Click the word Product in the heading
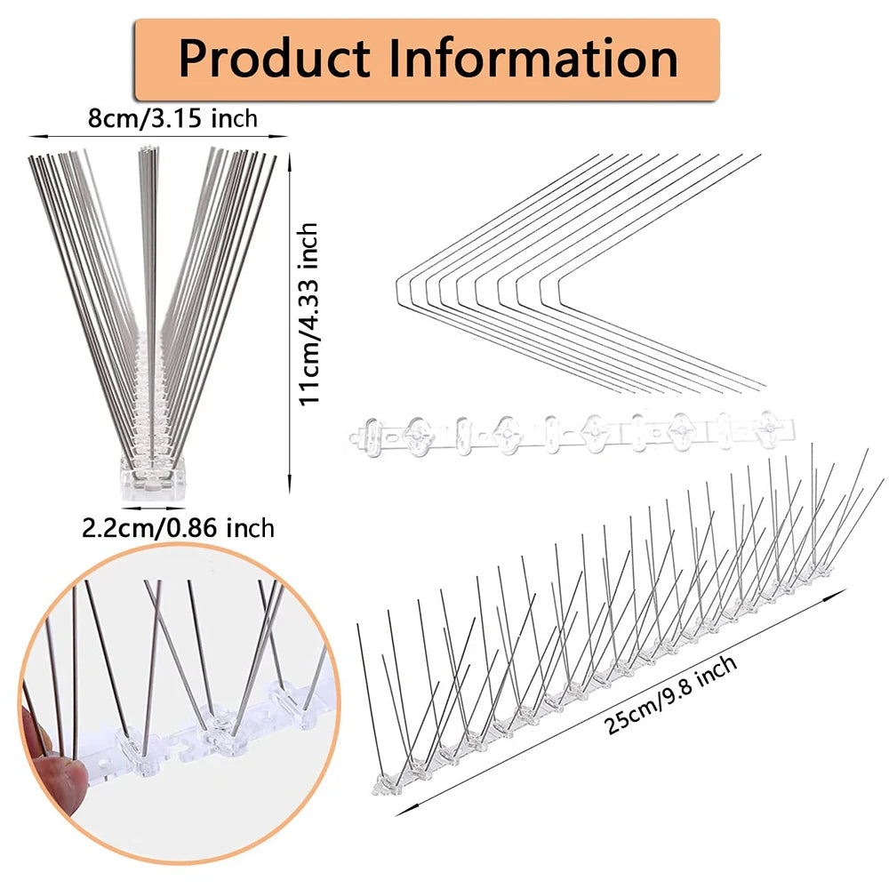click(x=275, y=59)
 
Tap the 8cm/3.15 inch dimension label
click(x=172, y=118)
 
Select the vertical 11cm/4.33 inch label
click(x=308, y=314)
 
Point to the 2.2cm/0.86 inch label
click(x=178, y=528)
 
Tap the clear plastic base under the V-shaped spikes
click(x=154, y=477)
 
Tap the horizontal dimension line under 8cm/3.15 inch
click(x=159, y=136)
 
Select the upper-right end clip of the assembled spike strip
click(x=820, y=569)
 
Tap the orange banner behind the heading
click(x=427, y=60)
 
